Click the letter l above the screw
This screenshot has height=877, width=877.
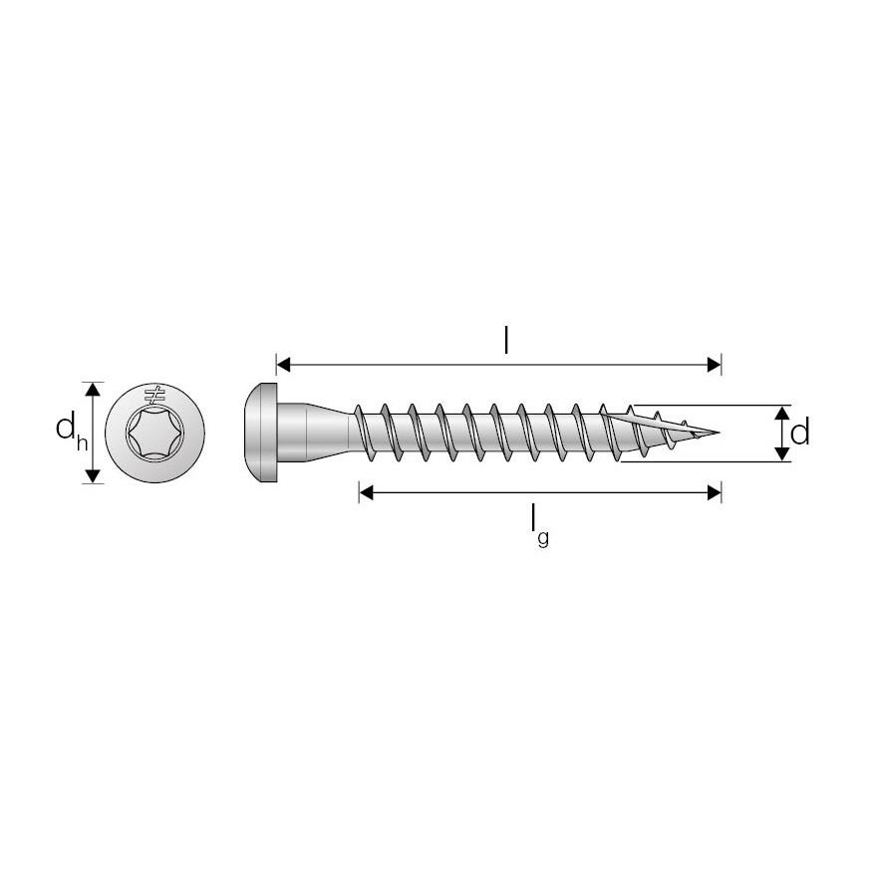(506, 341)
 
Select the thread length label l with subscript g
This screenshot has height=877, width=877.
(537, 524)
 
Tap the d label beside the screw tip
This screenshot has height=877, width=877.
(799, 433)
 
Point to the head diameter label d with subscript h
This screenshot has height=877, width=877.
(67, 432)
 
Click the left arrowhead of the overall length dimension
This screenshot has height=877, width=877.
(283, 365)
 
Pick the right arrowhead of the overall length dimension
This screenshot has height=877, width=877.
(714, 365)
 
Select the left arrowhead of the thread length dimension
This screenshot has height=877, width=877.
(366, 492)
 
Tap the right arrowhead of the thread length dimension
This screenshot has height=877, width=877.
(714, 492)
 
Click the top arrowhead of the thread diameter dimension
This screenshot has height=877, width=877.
(782, 413)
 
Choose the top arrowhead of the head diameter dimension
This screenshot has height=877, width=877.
(93, 388)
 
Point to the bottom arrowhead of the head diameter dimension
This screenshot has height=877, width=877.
(93, 475)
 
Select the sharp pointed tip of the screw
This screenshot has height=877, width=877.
(716, 434)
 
